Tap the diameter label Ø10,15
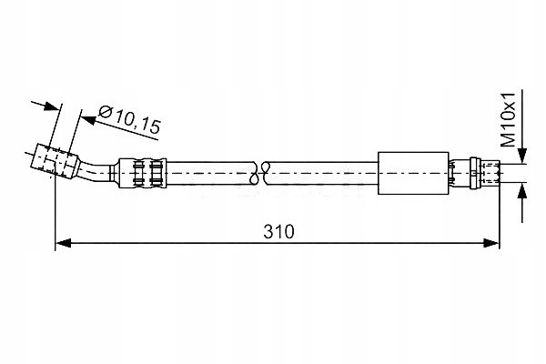tap(128, 118)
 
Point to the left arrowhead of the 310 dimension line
tap(63, 243)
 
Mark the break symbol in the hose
tap(263, 169)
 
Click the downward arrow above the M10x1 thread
tap(522, 155)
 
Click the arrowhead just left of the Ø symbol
tap(85, 115)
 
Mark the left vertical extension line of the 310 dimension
tap(56, 209)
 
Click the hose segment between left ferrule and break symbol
tap(209, 170)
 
